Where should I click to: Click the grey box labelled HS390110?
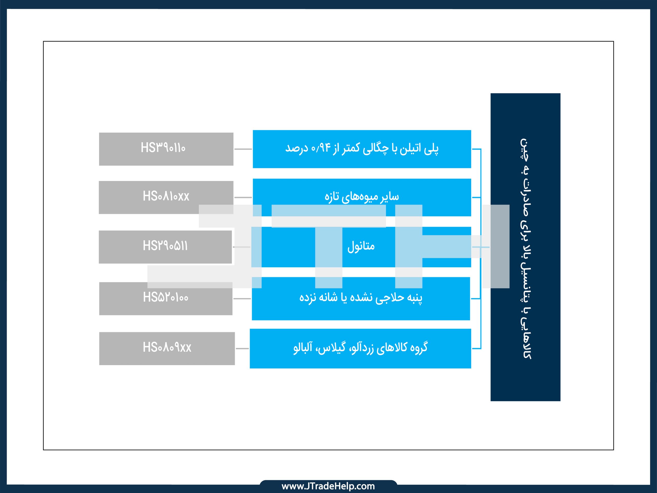(166, 149)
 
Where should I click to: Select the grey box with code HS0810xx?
(166, 197)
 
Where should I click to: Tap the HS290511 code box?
(165, 247)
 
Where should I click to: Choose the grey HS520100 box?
(166, 298)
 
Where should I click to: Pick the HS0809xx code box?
(167, 348)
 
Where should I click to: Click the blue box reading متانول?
(361, 247)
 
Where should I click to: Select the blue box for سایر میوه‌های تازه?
(362, 197)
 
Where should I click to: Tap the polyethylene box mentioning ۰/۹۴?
(362, 149)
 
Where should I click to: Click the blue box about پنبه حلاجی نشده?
(361, 298)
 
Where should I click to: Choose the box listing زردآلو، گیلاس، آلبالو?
(360, 348)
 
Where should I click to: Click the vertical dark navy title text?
(526, 249)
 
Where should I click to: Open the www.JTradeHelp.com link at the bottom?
(328, 486)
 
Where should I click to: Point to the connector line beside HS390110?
(243, 149)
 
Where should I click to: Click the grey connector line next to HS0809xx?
(242, 348)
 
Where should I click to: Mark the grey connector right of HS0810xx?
(243, 197)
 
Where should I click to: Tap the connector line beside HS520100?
(242, 298)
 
